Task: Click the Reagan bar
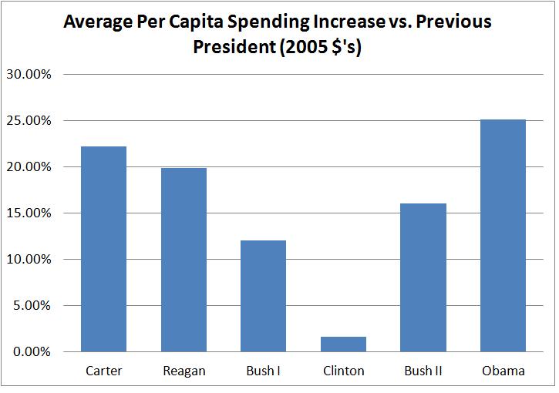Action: click(x=184, y=260)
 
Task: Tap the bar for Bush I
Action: click(x=263, y=296)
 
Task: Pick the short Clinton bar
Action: click(x=343, y=344)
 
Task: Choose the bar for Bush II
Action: click(x=423, y=277)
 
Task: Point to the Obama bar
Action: click(x=503, y=236)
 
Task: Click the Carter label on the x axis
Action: click(x=103, y=371)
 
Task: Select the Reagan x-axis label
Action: click(x=184, y=371)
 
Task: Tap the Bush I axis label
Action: click(x=263, y=371)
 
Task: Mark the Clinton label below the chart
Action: click(x=343, y=371)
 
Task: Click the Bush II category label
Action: click(x=423, y=371)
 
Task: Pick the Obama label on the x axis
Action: click(x=503, y=371)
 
